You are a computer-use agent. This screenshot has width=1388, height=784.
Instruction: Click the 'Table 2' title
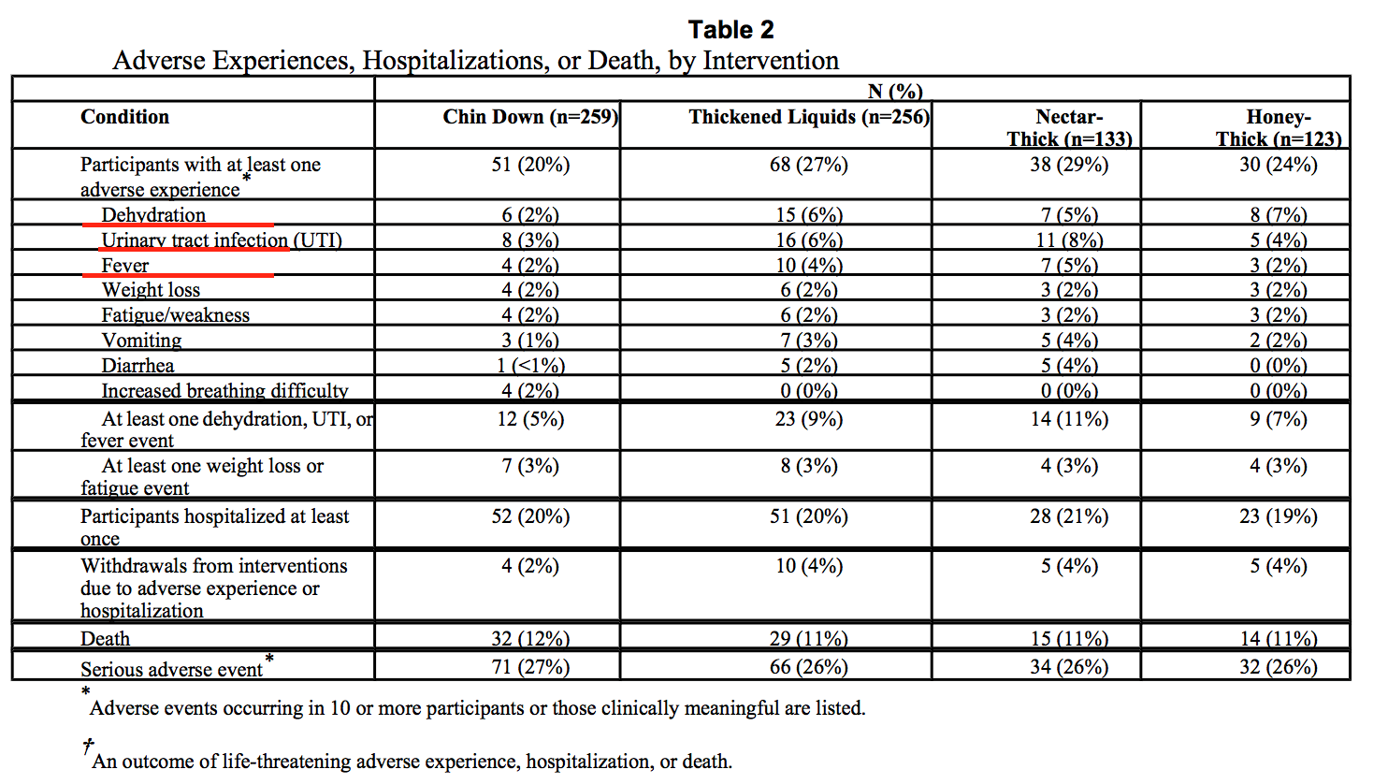[x=731, y=30]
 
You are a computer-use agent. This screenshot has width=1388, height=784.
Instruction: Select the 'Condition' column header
[x=124, y=117]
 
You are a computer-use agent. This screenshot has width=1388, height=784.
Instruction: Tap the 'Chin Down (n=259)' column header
[x=530, y=117]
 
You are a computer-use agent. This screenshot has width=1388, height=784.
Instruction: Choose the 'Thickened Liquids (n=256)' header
[x=809, y=117]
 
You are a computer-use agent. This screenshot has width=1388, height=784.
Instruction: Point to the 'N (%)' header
[x=895, y=91]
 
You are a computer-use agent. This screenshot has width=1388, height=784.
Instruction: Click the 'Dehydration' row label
[x=153, y=214]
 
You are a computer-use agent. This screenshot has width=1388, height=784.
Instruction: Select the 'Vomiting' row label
[x=142, y=340]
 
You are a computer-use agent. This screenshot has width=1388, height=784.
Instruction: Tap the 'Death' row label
[x=106, y=638]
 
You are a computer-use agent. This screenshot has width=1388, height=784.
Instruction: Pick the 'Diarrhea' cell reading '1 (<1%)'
[x=531, y=365]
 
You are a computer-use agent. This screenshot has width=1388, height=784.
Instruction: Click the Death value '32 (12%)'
[x=530, y=638]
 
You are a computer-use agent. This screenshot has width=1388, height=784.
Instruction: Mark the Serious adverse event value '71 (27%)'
[x=530, y=667]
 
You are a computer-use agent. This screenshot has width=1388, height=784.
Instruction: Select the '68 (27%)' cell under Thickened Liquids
[x=809, y=165]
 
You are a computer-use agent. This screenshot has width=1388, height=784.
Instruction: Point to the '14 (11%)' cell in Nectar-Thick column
[x=1069, y=419]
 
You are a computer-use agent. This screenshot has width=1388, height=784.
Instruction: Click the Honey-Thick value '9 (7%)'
[x=1279, y=419]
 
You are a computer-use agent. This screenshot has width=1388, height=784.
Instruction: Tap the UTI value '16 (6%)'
[x=809, y=240]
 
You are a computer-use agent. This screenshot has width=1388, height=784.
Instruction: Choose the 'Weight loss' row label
[x=152, y=289]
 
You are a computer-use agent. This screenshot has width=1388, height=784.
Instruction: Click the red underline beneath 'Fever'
[x=179, y=275]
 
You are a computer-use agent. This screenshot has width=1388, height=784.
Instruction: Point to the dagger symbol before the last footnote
[x=88, y=747]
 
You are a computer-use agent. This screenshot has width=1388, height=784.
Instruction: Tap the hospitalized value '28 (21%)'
[x=1069, y=516]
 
